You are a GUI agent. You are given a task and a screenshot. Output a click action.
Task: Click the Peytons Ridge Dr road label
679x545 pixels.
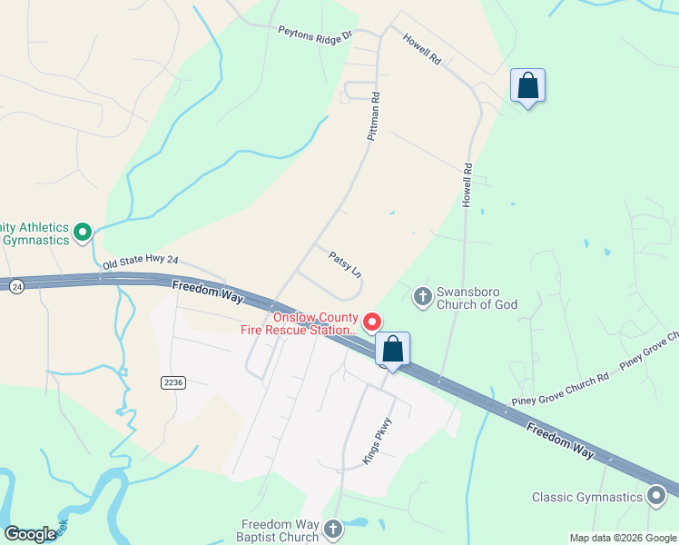pyautogui.click(x=315, y=35)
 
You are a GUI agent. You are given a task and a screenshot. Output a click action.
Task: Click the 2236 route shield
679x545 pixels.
pyautogui.click(x=173, y=382)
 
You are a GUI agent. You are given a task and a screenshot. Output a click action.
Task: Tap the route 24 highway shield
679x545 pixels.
pyautogui.click(x=16, y=286)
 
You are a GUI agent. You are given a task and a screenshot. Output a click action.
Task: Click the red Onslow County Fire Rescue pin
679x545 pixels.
pyautogui.click(x=372, y=322)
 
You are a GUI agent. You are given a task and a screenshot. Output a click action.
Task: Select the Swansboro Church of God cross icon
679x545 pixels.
pyautogui.click(x=421, y=296)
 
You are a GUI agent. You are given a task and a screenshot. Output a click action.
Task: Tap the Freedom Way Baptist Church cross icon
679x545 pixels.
pyautogui.click(x=333, y=529)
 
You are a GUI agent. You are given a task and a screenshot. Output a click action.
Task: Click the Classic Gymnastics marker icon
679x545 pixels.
pyautogui.click(x=656, y=496)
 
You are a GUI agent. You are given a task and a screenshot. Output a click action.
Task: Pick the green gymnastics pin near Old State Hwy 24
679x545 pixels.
pyautogui.click(x=84, y=233)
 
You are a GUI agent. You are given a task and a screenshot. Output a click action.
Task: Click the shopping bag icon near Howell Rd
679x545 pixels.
pyautogui.click(x=527, y=87)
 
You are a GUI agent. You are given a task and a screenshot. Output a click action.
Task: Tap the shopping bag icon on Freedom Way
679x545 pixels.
pyautogui.click(x=392, y=350)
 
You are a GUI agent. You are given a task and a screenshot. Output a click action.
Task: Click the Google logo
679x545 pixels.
pyautogui.click(x=31, y=533)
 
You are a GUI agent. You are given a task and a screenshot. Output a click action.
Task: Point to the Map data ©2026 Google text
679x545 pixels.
pyautogui.click(x=623, y=538)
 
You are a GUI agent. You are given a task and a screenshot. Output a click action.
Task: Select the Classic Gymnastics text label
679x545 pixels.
pyautogui.click(x=586, y=498)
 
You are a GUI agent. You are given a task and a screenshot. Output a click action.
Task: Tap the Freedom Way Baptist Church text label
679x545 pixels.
pyautogui.click(x=280, y=530)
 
